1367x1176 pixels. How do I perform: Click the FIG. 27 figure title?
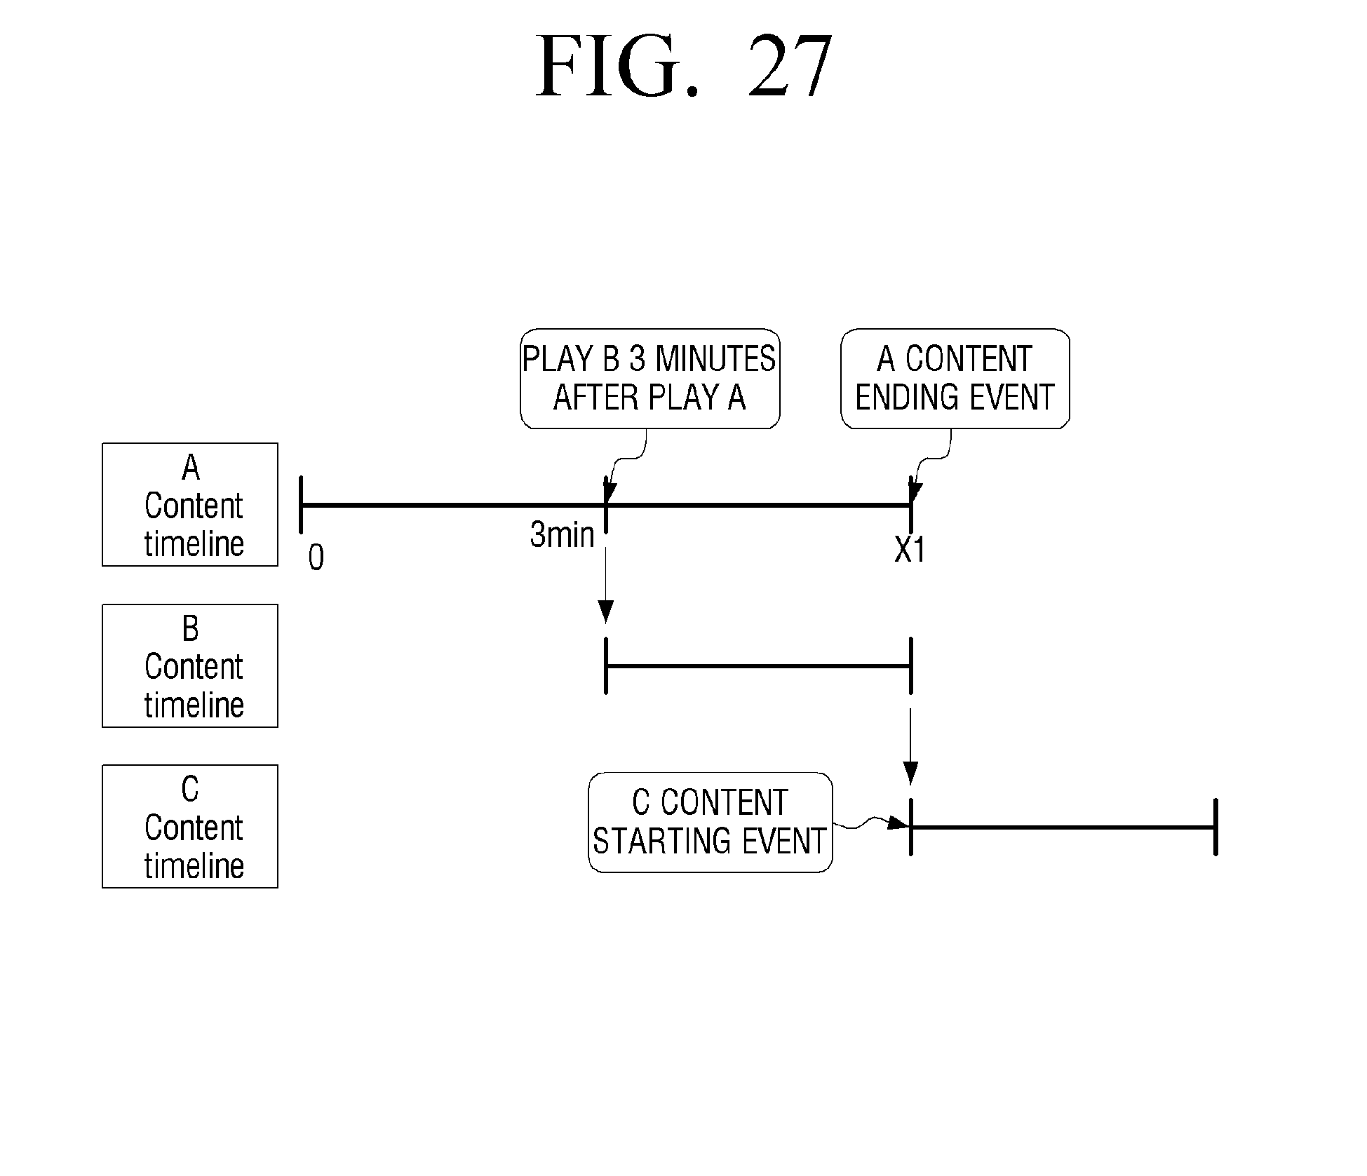pyautogui.click(x=684, y=67)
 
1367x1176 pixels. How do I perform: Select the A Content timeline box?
pyautogui.click(x=190, y=504)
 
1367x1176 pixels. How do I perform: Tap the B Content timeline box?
pyautogui.click(x=190, y=665)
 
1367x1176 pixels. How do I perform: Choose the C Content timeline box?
pyautogui.click(x=190, y=826)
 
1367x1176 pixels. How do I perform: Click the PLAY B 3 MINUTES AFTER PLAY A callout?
pyautogui.click(x=649, y=379)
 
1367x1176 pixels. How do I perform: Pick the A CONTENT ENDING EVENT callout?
pyautogui.click(x=955, y=379)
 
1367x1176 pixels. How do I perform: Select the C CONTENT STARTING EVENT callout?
pyautogui.click(x=710, y=822)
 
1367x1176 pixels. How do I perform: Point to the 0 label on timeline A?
pyautogui.click(x=316, y=558)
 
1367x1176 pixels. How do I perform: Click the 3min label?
pyautogui.click(x=562, y=535)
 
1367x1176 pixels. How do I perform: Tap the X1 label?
pyautogui.click(x=910, y=550)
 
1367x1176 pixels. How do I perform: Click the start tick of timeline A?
pyautogui.click(x=301, y=504)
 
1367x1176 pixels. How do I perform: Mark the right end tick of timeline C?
pyautogui.click(x=1216, y=827)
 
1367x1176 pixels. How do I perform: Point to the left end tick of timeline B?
pyautogui.click(x=606, y=665)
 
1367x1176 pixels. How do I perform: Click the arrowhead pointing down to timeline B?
pyautogui.click(x=606, y=611)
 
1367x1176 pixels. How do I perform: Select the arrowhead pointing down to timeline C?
pyautogui.click(x=910, y=773)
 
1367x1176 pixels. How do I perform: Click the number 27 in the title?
pyautogui.click(x=790, y=67)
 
